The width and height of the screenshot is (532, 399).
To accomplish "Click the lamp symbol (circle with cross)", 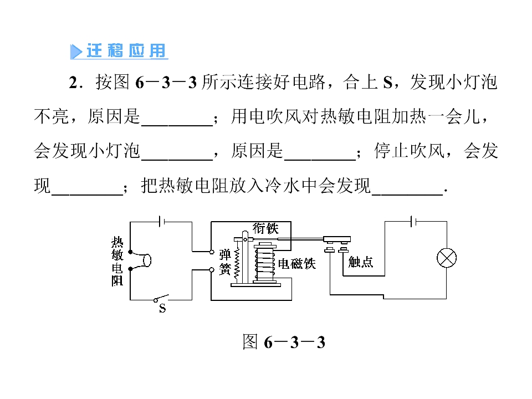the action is [x=447, y=258].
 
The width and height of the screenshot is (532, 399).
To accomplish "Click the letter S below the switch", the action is [x=162, y=309].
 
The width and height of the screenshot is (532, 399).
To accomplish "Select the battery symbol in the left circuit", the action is [x=161, y=222].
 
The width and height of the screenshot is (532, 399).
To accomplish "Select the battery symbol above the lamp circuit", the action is [x=413, y=222].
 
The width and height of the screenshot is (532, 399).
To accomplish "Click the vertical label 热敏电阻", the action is [x=117, y=261].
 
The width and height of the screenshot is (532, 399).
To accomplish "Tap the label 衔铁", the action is [x=265, y=228].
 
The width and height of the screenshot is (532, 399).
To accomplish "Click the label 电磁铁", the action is [x=297, y=264].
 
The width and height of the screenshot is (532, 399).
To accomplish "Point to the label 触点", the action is [x=361, y=262].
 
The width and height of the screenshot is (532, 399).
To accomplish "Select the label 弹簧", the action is [x=225, y=262].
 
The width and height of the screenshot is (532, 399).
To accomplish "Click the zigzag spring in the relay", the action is [x=237, y=265].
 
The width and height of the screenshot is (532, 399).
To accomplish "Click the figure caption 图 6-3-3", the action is [x=284, y=342].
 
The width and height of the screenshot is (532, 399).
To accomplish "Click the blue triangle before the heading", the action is [x=76, y=52].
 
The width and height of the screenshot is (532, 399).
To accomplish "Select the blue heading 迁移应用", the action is [x=126, y=51].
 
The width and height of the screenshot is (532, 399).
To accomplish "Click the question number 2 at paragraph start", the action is [x=73, y=83].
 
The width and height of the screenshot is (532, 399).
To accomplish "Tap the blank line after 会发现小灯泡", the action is [x=177, y=160].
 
